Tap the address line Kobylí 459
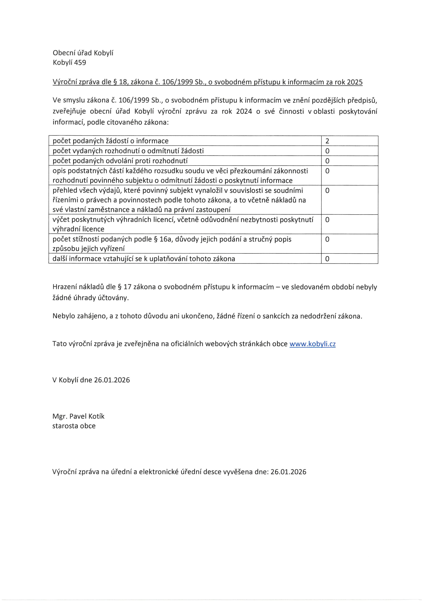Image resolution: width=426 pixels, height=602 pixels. [69, 63]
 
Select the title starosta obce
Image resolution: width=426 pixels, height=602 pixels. [74, 426]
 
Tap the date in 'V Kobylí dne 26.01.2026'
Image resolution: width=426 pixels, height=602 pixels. [112, 380]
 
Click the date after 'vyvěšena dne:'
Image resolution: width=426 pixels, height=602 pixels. [288, 472]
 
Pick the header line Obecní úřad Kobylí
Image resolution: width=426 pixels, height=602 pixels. [83, 53]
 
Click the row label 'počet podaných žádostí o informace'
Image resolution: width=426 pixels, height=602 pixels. [110, 141]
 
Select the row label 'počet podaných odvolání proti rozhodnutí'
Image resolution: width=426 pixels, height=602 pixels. [120, 161]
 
